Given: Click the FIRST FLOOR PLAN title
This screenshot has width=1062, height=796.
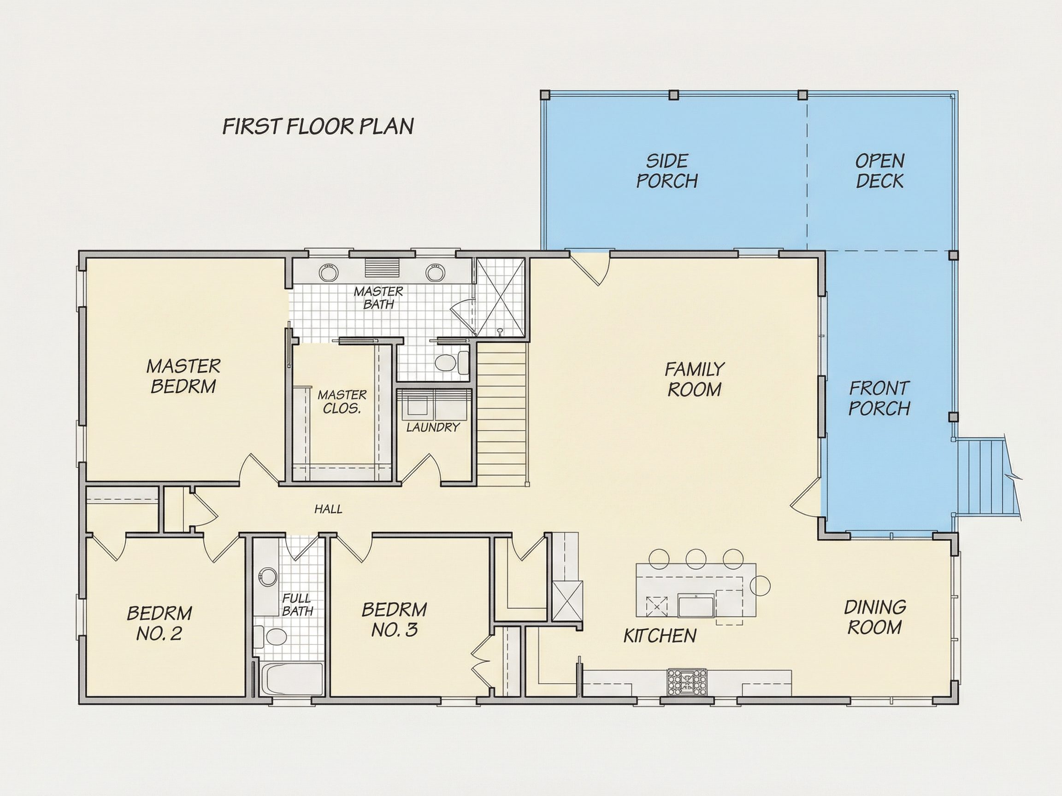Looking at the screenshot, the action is click(x=318, y=126).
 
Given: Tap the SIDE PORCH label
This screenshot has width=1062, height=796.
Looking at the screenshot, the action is click(x=667, y=171).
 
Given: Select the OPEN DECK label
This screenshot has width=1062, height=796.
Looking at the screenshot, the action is click(x=879, y=171).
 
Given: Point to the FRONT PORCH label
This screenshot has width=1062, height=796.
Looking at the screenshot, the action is click(x=879, y=398).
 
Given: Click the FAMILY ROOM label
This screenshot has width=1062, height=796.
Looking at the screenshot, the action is click(x=694, y=380).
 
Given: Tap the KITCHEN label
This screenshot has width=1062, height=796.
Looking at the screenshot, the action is click(x=660, y=636).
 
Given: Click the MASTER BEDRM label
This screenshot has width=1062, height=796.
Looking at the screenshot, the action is click(x=183, y=377).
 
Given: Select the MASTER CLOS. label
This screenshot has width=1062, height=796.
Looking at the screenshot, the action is click(x=342, y=402).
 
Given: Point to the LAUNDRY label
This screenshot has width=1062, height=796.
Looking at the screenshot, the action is click(x=433, y=427).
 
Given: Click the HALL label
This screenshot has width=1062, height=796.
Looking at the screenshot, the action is click(x=328, y=509).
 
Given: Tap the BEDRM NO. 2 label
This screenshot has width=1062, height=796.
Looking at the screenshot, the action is click(x=159, y=623).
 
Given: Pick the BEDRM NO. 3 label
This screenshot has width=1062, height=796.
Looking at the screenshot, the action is click(x=394, y=620).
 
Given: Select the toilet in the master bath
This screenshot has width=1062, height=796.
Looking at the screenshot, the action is click(x=452, y=362).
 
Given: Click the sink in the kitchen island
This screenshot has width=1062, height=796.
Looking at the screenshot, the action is click(x=696, y=605).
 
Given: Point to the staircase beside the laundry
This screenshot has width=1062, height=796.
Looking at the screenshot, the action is click(x=502, y=412).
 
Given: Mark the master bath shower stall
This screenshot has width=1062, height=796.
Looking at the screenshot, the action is click(x=499, y=298).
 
